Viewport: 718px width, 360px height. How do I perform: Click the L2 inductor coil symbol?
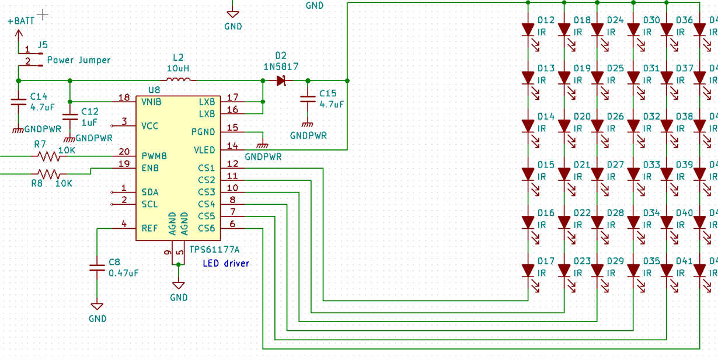[x=178, y=80]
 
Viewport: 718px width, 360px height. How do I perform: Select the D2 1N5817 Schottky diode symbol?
[x=281, y=81]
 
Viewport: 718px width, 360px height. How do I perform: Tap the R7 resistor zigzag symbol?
[x=49, y=156]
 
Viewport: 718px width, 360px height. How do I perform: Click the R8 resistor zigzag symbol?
[x=49, y=174]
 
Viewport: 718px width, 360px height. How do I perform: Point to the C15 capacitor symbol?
[x=307, y=100]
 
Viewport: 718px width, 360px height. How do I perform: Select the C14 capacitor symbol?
[x=19, y=103]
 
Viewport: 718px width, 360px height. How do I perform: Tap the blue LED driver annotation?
[x=226, y=263]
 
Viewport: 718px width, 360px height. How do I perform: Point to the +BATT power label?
[x=20, y=21]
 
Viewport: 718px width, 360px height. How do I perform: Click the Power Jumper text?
[x=78, y=60]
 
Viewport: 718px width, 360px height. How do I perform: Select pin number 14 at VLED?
[x=232, y=145]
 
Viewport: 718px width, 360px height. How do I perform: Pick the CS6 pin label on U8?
[x=206, y=228]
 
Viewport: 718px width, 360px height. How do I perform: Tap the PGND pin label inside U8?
[x=203, y=132]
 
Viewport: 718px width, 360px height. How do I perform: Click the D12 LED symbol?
[x=528, y=29]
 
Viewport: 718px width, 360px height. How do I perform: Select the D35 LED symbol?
[x=633, y=271]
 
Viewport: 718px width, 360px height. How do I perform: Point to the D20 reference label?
[x=582, y=117]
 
